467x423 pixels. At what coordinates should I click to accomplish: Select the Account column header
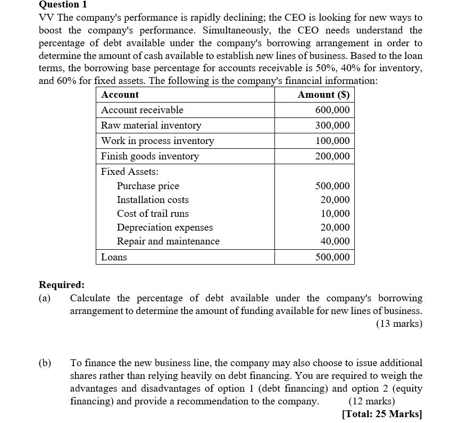[120, 95]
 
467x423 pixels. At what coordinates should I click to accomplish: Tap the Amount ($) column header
[323, 95]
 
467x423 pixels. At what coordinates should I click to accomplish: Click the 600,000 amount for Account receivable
[332, 110]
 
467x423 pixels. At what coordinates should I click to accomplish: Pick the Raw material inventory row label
[151, 125]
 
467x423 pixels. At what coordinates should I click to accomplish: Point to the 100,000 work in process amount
[332, 141]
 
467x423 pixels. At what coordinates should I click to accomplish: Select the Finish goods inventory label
[150, 156]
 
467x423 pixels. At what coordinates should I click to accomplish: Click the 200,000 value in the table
[332, 156]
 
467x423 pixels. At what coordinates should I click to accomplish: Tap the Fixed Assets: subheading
[129, 172]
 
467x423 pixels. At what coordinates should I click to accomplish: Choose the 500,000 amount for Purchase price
[332, 186]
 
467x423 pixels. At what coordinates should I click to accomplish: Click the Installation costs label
[153, 200]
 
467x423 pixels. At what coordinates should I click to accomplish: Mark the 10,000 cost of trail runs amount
[335, 214]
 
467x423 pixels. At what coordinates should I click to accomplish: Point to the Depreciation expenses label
[165, 227]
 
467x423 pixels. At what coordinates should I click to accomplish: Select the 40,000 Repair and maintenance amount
[335, 241]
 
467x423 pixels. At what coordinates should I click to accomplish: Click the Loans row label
[114, 257]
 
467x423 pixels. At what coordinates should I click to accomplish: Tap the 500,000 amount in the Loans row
[332, 257]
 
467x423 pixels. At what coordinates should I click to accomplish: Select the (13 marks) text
[399, 324]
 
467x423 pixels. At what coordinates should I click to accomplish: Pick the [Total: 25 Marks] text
[382, 414]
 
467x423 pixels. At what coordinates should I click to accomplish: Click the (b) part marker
[45, 363]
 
